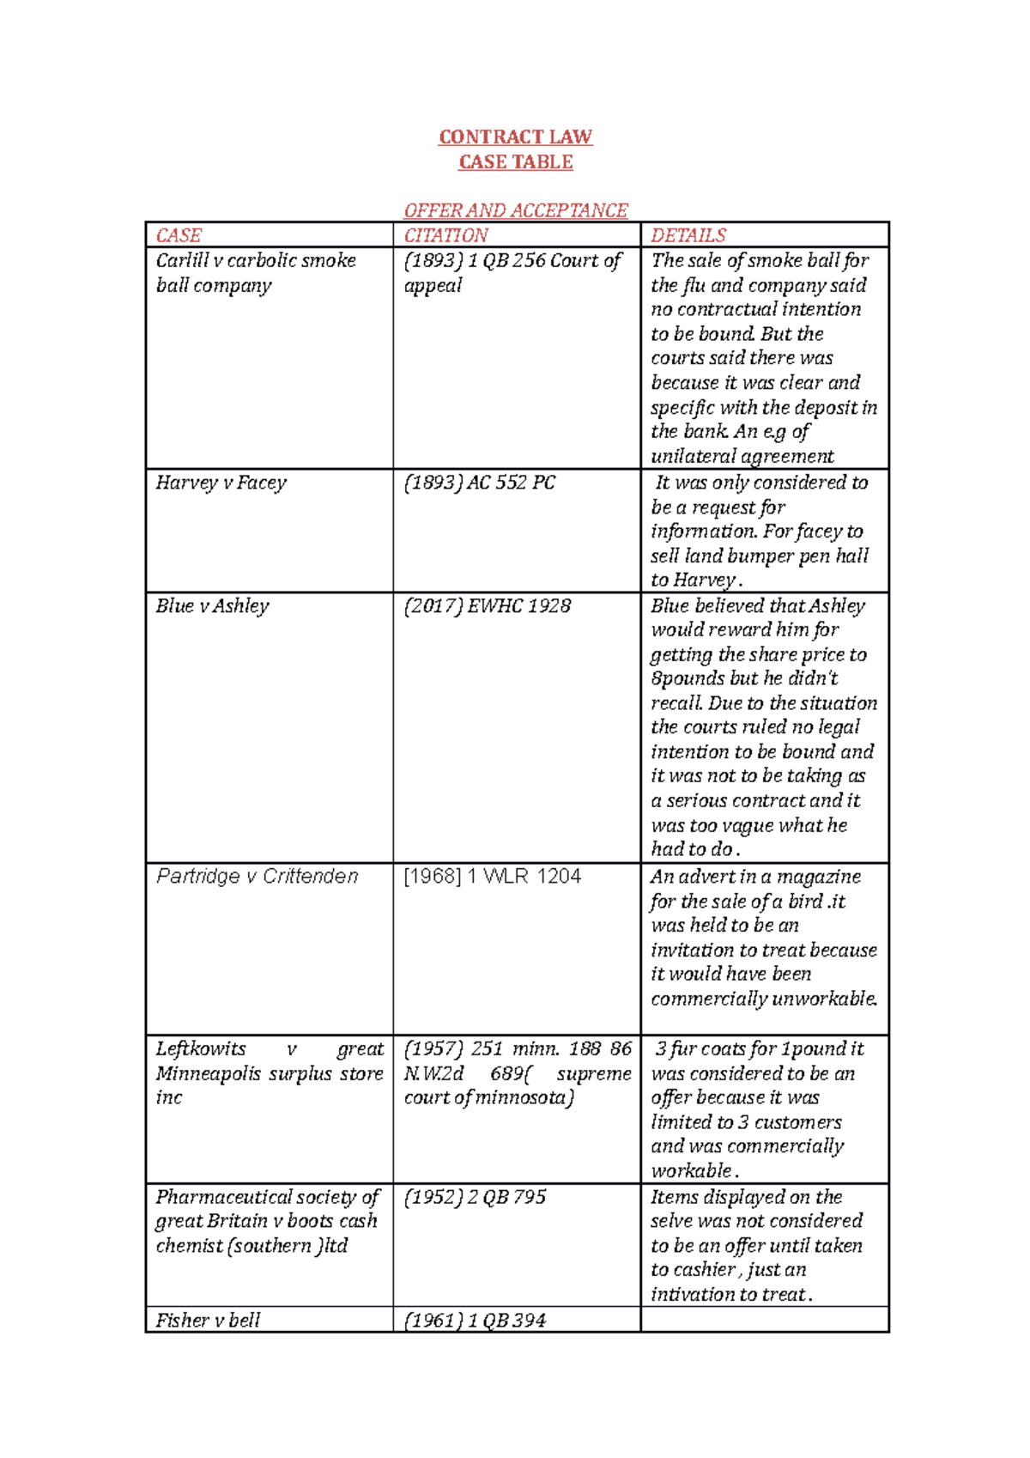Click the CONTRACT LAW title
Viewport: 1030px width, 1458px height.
[x=515, y=137]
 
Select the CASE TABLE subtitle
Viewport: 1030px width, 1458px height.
[x=515, y=162]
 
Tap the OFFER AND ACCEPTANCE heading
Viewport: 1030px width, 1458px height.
[x=515, y=210]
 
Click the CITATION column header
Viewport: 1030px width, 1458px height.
[x=445, y=235]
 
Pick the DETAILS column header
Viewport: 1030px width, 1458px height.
[x=688, y=235]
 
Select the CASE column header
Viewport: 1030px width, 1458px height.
[x=179, y=235]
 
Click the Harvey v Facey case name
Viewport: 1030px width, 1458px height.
[x=221, y=483]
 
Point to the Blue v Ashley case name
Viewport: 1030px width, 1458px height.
[x=213, y=606]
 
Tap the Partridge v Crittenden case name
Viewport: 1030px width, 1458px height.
[x=257, y=877]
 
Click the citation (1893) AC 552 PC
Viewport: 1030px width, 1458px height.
[x=479, y=483]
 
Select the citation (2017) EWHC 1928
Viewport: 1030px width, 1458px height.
[x=487, y=606]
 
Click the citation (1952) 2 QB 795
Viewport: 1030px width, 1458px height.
[x=475, y=1197]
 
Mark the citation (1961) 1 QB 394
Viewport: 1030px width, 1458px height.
[x=475, y=1321]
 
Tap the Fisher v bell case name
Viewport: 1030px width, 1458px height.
[x=208, y=1321]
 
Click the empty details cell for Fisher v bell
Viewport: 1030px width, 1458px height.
[x=764, y=1320]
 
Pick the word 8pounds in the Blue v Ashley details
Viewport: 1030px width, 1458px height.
[x=688, y=679]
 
